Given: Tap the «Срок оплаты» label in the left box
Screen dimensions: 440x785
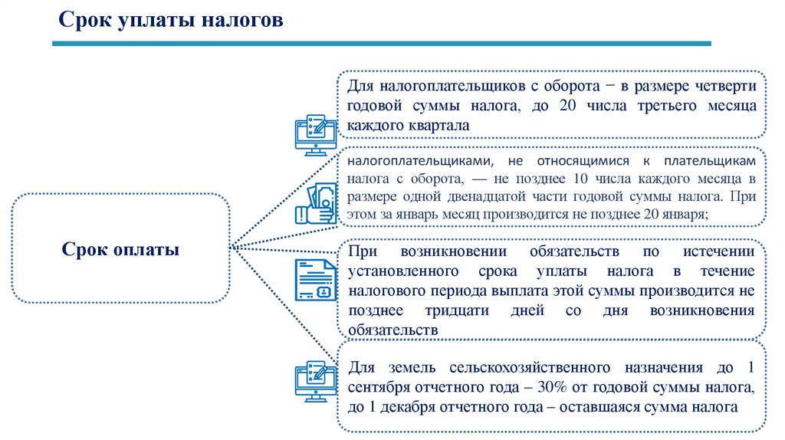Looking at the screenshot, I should click(x=120, y=249).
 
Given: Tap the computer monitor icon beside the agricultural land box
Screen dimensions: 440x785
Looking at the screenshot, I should click(x=315, y=379).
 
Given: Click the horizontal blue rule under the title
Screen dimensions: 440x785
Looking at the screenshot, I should click(x=382, y=44).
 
